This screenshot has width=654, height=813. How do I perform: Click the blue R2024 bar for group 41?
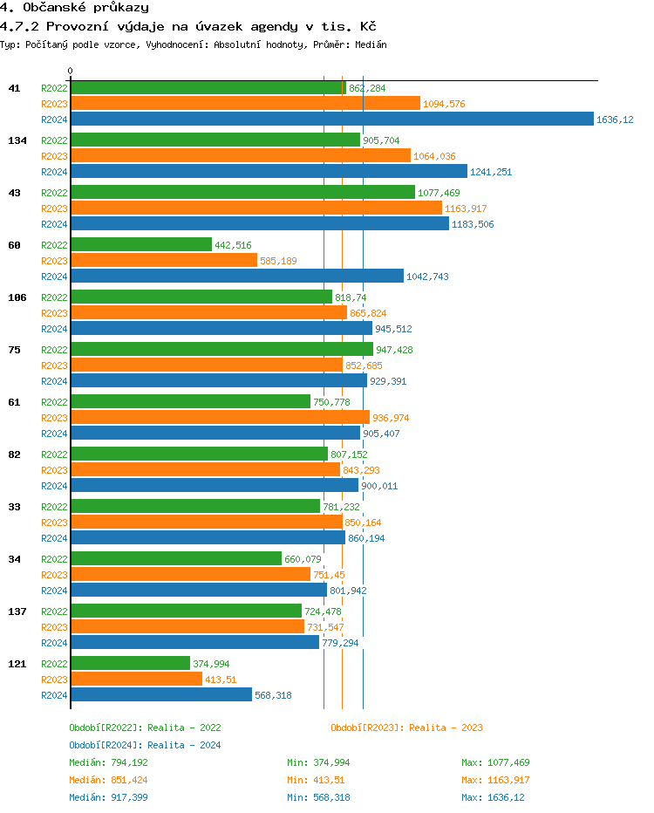[331, 120]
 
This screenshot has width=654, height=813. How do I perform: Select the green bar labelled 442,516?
[141, 245]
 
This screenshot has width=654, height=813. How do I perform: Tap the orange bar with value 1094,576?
[245, 104]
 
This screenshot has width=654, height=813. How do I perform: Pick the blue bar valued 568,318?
[161, 695]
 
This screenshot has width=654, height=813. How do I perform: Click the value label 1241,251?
[491, 172]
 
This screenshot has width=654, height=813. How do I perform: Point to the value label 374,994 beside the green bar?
[211, 664]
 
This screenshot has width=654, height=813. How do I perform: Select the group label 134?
[17, 140]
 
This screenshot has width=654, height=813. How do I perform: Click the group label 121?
[17, 664]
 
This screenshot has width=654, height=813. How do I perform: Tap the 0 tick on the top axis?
[71, 71]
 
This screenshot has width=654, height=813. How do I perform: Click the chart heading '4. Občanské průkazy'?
[68, 8]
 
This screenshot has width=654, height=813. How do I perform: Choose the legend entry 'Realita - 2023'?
[406, 728]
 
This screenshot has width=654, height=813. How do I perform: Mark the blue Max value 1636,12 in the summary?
[506, 797]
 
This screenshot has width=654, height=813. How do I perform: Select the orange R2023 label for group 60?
[55, 261]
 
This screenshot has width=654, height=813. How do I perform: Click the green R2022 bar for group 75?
[221, 350]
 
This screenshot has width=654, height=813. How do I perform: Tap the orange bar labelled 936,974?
[220, 418]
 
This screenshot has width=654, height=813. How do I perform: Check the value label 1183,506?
[473, 224]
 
